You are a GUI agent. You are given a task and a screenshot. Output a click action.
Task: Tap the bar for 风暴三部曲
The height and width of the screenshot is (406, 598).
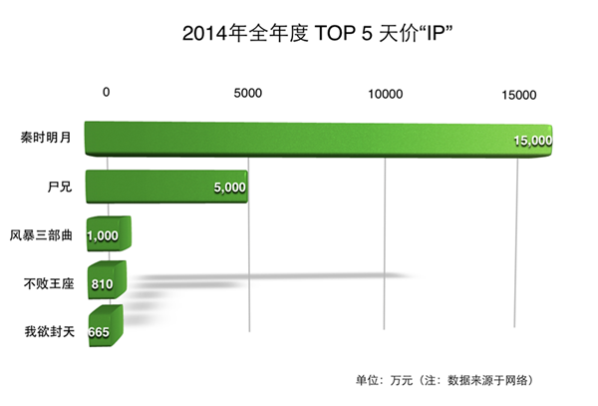coord(107,235)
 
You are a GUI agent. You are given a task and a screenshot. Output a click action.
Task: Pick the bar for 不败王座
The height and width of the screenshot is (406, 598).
coord(105,283)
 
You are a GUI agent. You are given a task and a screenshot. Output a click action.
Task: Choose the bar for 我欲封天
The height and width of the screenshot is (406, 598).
coord(103,330)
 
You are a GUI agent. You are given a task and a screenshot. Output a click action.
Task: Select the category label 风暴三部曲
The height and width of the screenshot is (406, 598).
coord(43,234)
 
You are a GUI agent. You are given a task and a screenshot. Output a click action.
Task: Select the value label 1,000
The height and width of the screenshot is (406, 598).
coord(104,236)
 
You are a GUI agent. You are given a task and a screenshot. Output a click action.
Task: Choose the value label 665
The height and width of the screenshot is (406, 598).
coord(99,332)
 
